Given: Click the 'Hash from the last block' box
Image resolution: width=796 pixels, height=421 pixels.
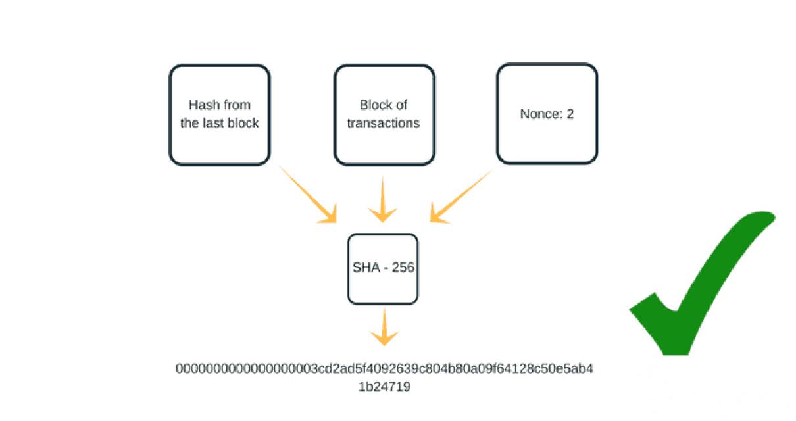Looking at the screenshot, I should point(219,114).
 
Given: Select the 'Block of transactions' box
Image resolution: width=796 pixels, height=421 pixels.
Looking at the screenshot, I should point(384,114).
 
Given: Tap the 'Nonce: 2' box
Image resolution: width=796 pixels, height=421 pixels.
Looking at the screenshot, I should point(547,114).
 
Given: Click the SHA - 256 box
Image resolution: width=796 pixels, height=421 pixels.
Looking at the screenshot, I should point(382,268).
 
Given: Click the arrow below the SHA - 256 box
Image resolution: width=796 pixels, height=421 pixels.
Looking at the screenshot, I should point(384,329).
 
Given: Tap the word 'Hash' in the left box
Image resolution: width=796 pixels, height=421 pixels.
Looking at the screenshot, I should point(202,105).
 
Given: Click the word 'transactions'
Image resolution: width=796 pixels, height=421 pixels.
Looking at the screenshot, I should point(384,123).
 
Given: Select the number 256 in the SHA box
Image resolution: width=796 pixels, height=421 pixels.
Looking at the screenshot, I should point(403,268).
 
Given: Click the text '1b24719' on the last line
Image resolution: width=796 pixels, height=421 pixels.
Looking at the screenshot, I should point(384,387).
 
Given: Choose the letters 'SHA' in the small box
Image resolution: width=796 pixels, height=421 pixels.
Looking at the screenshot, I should point(364,268).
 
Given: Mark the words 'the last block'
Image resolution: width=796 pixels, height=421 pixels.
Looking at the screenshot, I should point(219,123).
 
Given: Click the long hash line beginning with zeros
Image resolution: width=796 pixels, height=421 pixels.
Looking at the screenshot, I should point(384,368).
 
